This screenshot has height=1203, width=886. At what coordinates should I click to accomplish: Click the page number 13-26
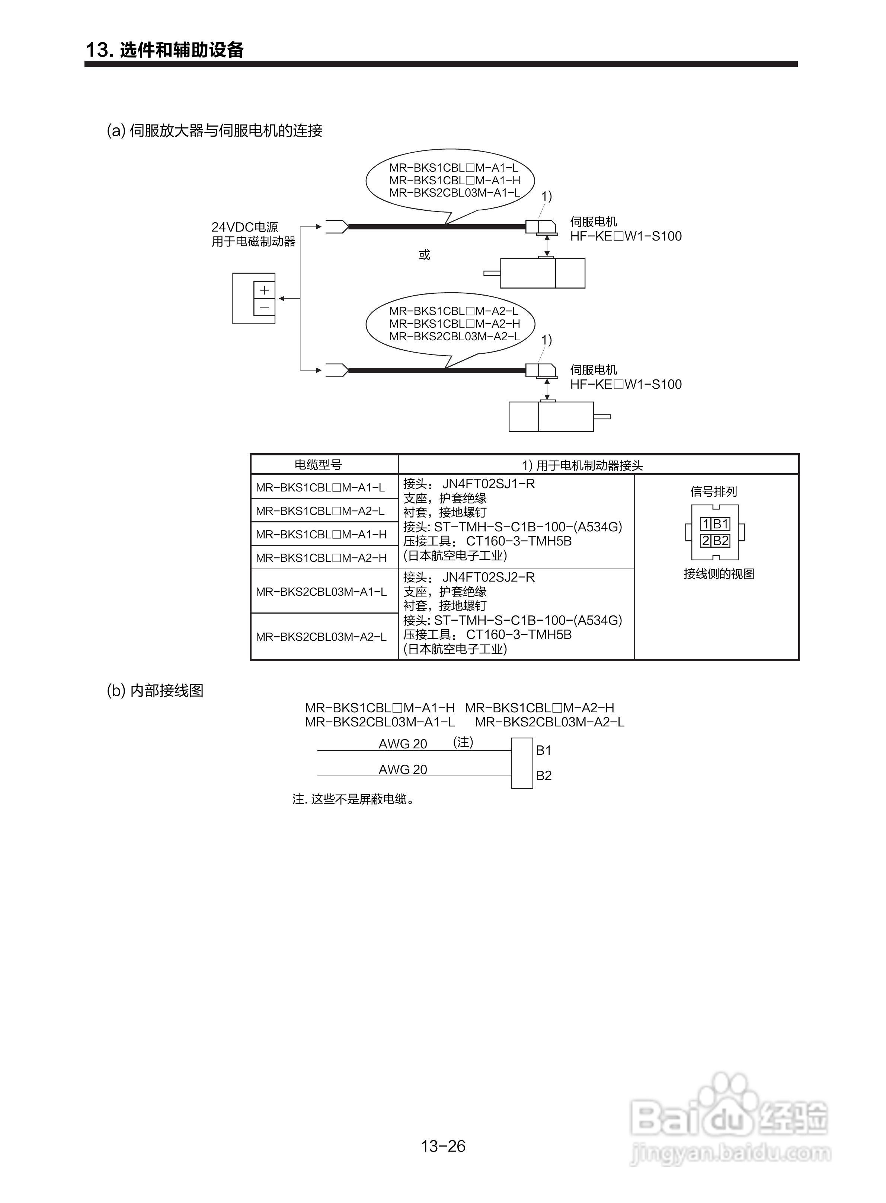[x=443, y=1146]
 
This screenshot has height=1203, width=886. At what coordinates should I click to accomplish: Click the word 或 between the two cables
[x=424, y=254]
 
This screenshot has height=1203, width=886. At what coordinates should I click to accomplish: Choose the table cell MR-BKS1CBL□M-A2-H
[x=321, y=558]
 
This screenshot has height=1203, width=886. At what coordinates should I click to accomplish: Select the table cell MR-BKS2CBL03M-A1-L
[x=321, y=592]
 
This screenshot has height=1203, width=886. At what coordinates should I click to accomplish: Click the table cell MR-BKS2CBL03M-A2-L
[x=321, y=637]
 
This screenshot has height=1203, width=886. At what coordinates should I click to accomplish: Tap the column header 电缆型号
[x=318, y=465]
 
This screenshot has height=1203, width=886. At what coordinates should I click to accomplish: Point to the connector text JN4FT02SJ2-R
[x=488, y=577]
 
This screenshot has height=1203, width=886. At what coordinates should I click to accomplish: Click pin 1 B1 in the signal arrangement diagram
[x=715, y=524]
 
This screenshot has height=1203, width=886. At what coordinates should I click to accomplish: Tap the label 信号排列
[x=713, y=491]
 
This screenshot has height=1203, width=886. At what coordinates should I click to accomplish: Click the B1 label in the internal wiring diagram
[x=544, y=750]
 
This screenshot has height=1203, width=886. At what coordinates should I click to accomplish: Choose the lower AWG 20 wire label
[x=403, y=770]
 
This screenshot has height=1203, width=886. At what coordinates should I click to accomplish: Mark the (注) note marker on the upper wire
[x=463, y=742]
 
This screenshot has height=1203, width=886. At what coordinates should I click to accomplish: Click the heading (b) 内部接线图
[x=155, y=691]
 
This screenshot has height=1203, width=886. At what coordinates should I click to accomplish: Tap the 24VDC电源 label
[x=244, y=227]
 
